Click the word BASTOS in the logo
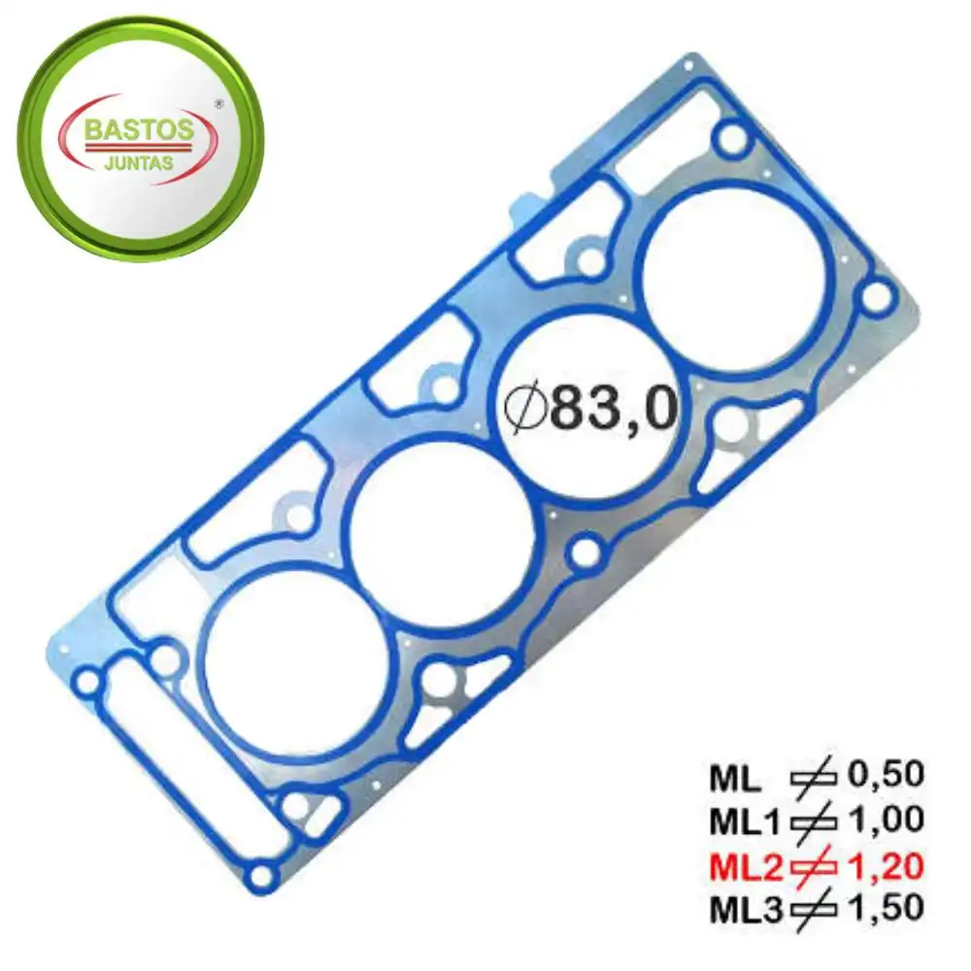138,130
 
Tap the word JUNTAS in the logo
139,163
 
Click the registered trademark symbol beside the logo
218,104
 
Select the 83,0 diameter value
613,410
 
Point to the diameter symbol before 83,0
524,409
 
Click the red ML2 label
746,867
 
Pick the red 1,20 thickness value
886,867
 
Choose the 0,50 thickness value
886,775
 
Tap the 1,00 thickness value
886,820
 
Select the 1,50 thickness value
886,909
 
